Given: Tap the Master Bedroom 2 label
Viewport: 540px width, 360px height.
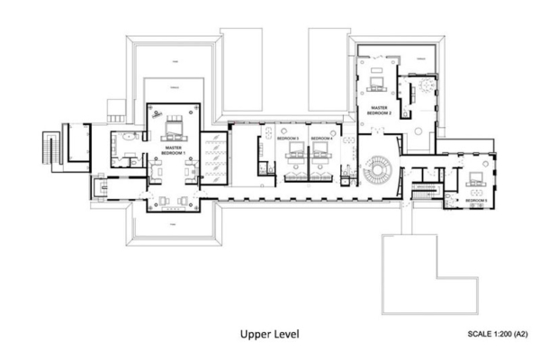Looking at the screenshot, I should pyautogui.click(x=376, y=111).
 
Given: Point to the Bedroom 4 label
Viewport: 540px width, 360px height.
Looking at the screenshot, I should pyautogui.click(x=321, y=138).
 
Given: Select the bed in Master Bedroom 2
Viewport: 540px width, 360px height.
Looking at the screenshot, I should pyautogui.click(x=376, y=85).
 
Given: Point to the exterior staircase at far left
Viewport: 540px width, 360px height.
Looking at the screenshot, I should pyautogui.click(x=49, y=148).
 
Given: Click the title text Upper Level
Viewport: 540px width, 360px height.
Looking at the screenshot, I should pyautogui.click(x=269, y=334).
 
